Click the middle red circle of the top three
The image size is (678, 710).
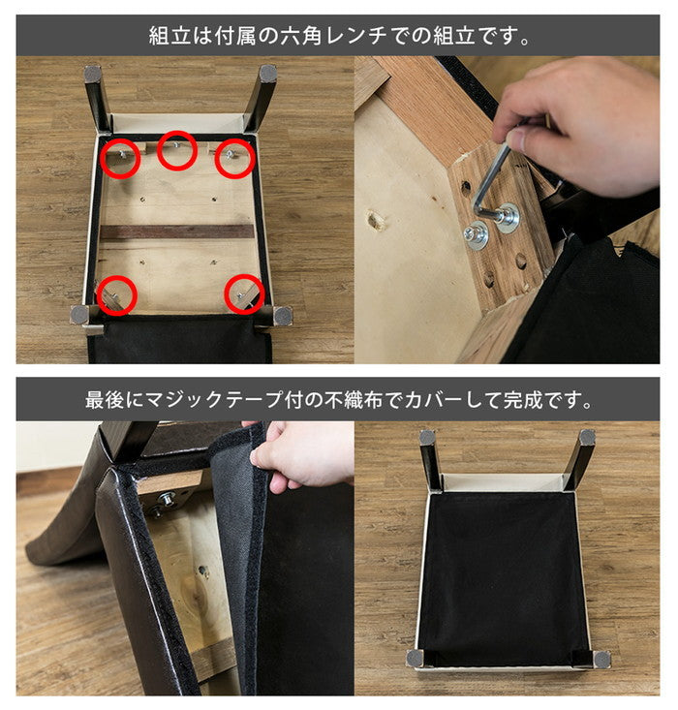pyautogui.click(x=177, y=149)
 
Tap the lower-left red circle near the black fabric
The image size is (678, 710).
pyautogui.click(x=116, y=294)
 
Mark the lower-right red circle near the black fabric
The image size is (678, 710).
pyautogui.click(x=244, y=293)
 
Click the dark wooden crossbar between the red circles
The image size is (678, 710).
pyautogui.click(x=176, y=232)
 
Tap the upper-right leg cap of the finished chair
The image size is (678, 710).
pyautogui.click(x=586, y=438)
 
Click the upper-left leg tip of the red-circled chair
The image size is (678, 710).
pyautogui.click(x=93, y=74)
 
